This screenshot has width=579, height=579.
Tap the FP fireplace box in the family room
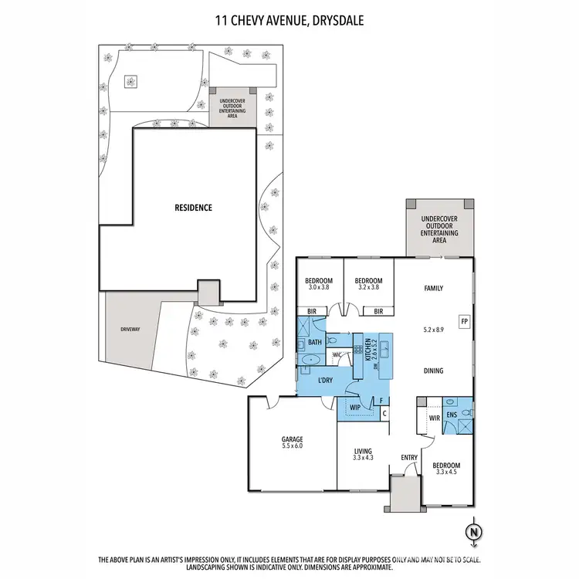(464, 321)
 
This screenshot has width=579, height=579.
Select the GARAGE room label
(292, 441)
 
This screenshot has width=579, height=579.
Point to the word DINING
(433, 371)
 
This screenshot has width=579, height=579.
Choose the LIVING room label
(363, 453)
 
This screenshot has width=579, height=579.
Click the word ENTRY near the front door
(409, 458)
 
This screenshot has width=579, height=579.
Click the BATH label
(314, 342)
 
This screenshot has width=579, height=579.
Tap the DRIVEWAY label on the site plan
(130, 329)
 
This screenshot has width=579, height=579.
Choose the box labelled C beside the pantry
(384, 413)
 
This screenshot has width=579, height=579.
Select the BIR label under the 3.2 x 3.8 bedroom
(378, 312)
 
